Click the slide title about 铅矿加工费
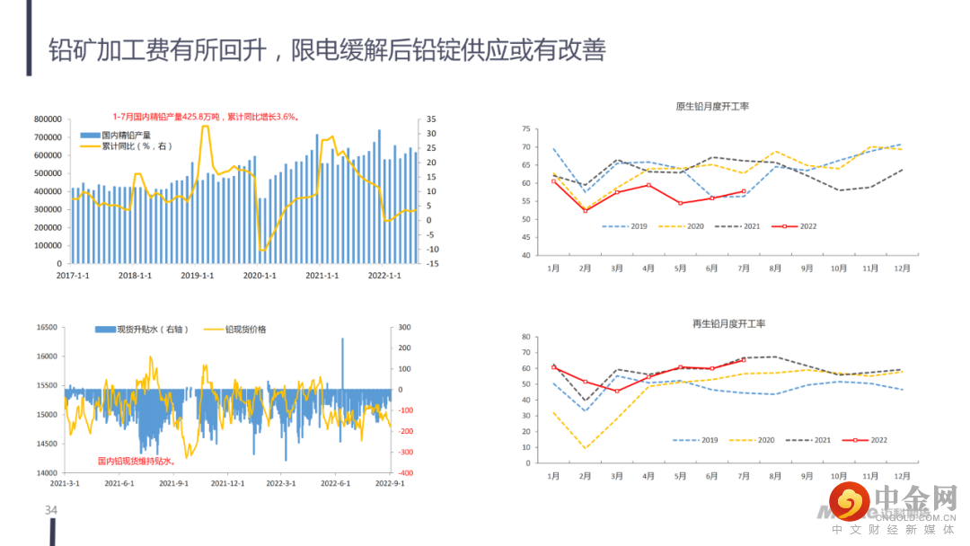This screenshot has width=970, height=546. coord(327,49)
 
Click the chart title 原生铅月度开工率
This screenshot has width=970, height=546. coord(712,107)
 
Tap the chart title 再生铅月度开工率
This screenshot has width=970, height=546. coord(716,323)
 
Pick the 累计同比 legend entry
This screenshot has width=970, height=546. coord(126,145)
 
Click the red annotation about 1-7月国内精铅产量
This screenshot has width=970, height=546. coord(206,116)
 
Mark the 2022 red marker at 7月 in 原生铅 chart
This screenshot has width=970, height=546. coord(744,191)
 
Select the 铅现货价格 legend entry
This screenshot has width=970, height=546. coord(235,330)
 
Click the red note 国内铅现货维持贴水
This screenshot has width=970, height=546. coord(135,461)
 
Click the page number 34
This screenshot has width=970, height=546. coord(51,511)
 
